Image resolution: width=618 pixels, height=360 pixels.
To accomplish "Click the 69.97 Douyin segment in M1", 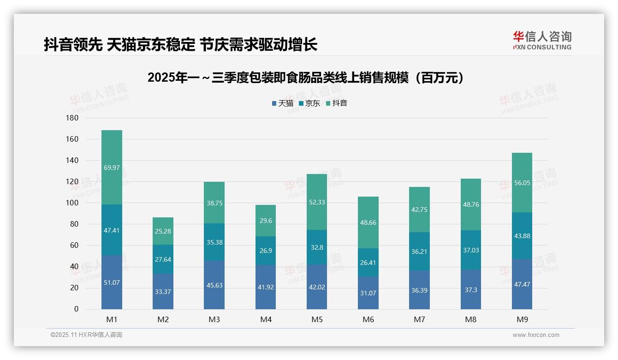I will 112,167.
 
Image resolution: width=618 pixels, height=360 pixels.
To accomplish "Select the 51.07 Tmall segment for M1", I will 112,282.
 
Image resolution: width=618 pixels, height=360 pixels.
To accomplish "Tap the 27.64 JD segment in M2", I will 163,259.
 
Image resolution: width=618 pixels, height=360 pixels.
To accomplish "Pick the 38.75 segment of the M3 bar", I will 214,203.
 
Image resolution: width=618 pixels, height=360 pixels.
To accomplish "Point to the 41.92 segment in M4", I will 265,287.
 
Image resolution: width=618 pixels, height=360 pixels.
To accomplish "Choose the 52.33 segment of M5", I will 316,202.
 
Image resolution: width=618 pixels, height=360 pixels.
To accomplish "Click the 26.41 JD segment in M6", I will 368,262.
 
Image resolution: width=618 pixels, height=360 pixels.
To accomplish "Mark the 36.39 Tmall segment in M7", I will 419,289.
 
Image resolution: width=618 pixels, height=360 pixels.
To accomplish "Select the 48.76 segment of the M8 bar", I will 470,204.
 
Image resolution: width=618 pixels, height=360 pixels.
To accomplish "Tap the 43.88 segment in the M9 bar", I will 522,236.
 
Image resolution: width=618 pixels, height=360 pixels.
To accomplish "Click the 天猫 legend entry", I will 282,103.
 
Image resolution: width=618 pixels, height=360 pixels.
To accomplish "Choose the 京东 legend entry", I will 309,103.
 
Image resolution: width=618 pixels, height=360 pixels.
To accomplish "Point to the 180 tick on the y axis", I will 73,118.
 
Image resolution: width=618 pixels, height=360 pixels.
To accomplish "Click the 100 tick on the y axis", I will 73,203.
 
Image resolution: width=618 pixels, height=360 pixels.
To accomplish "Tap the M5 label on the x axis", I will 316,319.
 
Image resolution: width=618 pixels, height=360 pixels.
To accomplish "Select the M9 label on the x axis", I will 522,319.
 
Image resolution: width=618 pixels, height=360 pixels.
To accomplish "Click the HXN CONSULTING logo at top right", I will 542,41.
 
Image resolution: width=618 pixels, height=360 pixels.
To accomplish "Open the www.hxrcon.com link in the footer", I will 535,335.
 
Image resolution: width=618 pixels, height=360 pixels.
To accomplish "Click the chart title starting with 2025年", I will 305,78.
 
